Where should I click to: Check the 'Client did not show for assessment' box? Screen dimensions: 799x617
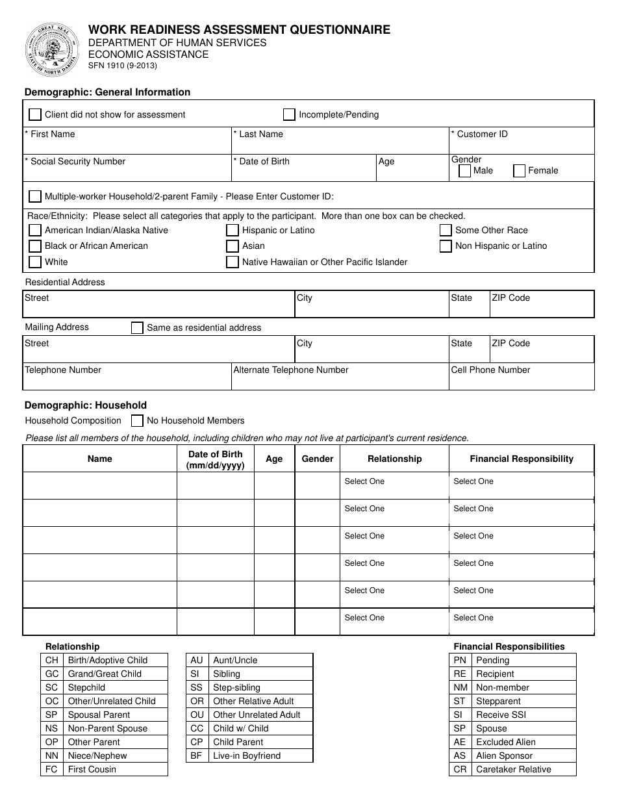point(35,115)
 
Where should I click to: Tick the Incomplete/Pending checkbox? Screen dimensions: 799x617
point(289,115)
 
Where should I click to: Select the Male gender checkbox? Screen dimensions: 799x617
point(464,171)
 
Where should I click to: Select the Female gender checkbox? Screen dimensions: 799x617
point(519,171)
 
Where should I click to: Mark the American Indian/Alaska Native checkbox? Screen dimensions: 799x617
point(35,231)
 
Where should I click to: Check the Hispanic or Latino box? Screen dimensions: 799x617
point(233,231)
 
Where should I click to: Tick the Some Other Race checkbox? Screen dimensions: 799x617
point(446,231)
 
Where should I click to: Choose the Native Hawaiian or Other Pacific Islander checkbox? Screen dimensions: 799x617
point(233,262)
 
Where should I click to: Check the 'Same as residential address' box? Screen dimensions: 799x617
point(137,328)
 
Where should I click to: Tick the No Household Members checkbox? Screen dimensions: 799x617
point(137,421)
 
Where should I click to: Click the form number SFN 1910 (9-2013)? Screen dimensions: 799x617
point(123,66)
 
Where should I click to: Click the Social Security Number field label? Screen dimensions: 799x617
point(77,162)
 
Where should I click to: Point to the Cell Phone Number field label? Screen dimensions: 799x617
point(490,370)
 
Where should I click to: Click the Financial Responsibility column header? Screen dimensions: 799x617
point(522,459)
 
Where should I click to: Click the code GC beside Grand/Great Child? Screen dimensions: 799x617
point(52,674)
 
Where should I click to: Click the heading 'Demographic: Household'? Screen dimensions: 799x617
point(86,405)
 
